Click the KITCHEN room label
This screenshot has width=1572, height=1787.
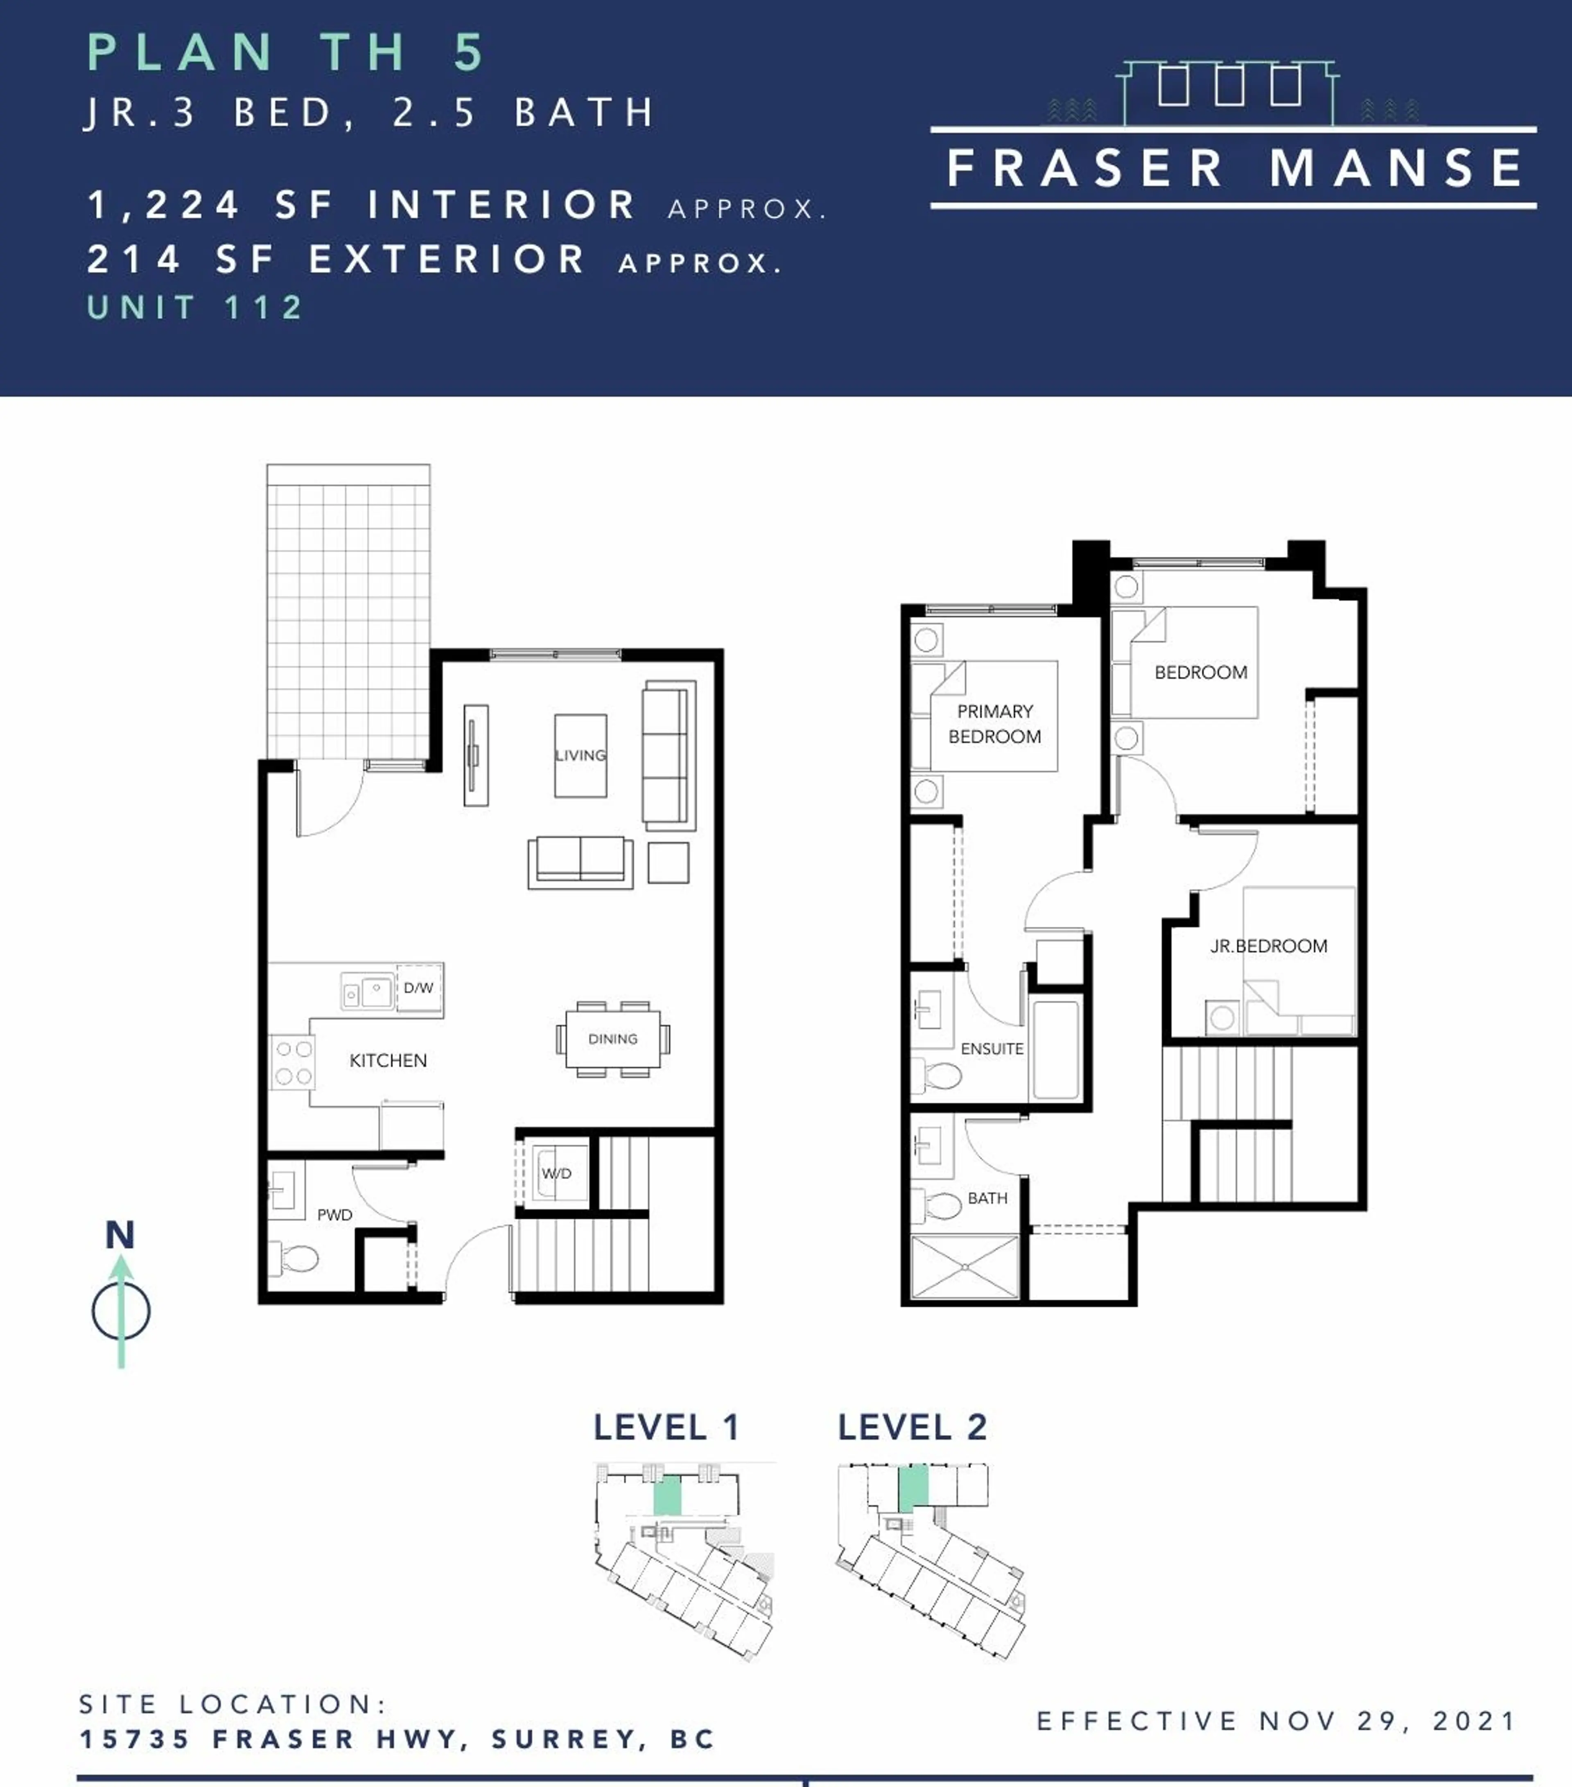pyautogui.click(x=388, y=1060)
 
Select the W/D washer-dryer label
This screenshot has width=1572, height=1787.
pyautogui.click(x=556, y=1173)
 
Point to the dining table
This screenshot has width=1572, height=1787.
pyautogui.click(x=613, y=1039)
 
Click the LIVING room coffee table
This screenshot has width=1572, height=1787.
pyautogui.click(x=580, y=755)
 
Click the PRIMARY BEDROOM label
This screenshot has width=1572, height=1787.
pyautogui.click(x=995, y=724)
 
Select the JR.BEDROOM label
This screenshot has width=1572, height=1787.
pyautogui.click(x=1269, y=946)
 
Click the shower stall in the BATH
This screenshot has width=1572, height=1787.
pyautogui.click(x=964, y=1266)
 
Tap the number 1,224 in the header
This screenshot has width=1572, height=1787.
pyautogui.click(x=163, y=206)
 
